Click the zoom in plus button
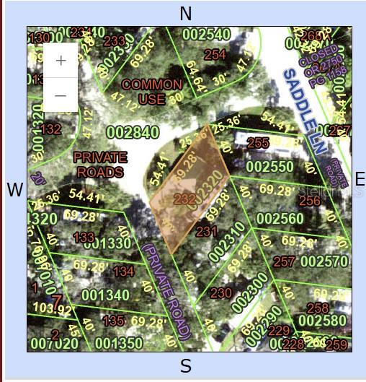click(61, 61)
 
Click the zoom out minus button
click(61, 95)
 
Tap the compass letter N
click(186, 13)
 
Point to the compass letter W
click(14, 190)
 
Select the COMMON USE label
click(151, 92)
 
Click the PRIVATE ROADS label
click(100, 165)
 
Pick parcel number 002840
click(132, 132)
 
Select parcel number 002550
click(269, 166)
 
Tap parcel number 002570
click(324, 261)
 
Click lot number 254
click(215, 54)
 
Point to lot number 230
click(220, 293)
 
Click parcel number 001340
click(105, 295)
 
